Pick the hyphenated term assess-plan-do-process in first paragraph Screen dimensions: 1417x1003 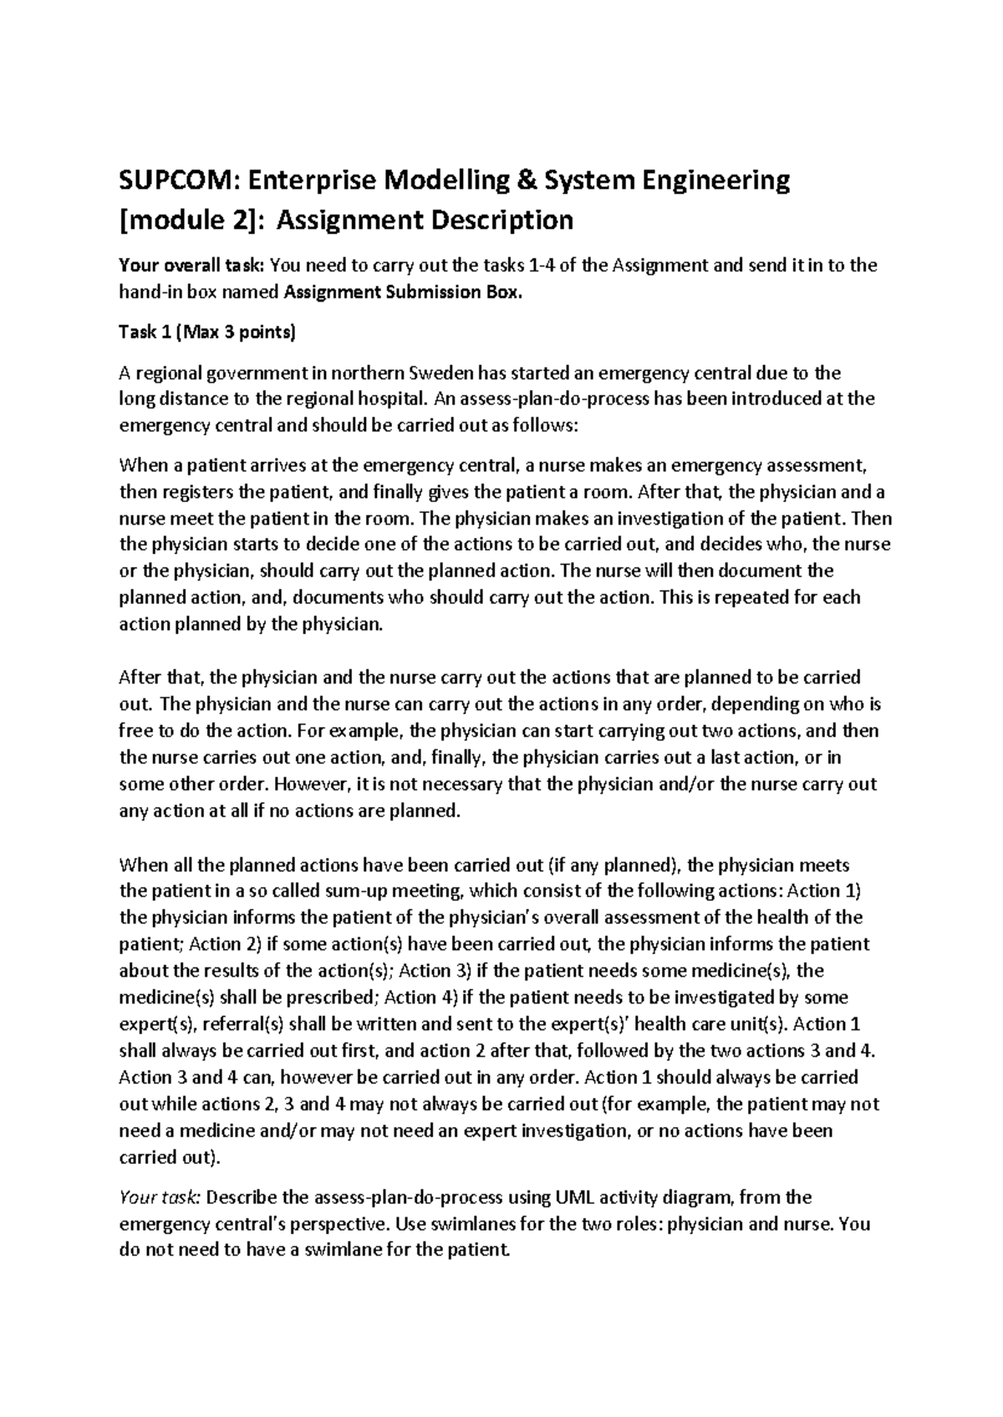tap(555, 399)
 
